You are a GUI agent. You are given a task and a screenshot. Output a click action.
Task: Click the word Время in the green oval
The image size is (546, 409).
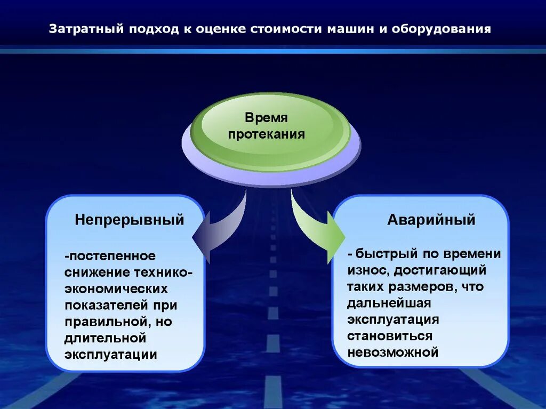point(266,118)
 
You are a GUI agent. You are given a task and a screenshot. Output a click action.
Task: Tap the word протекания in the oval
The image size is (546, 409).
point(266,134)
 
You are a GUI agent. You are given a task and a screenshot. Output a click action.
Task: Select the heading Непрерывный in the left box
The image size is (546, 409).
point(130,220)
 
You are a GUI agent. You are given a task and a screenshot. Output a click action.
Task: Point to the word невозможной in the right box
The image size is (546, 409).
point(392,352)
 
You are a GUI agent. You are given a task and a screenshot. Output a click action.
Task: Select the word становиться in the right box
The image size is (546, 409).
point(390,336)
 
